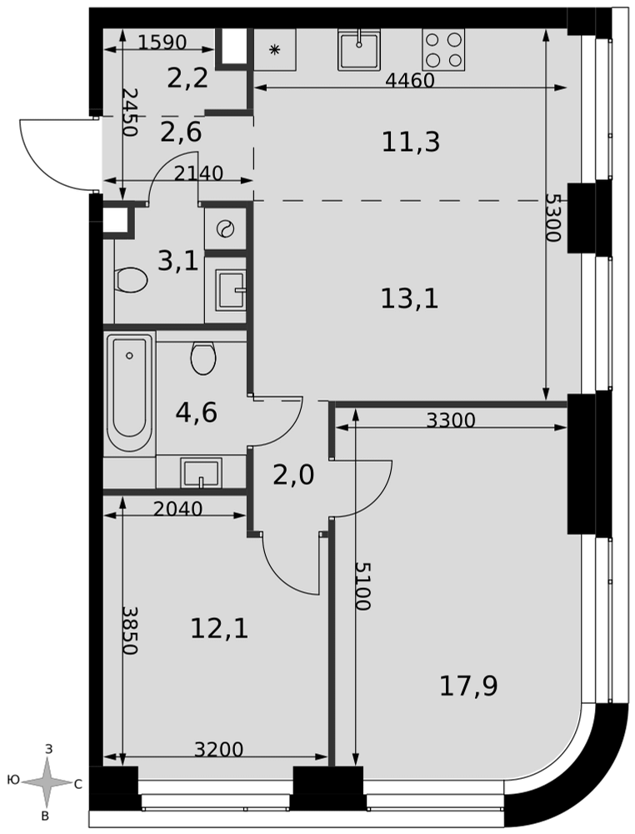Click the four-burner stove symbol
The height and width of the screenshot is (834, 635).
tap(443, 49)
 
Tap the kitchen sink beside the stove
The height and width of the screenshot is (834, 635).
tap(359, 49)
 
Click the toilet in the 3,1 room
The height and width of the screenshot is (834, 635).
tap(131, 279)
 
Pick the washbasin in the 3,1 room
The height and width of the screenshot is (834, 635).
tap(231, 290)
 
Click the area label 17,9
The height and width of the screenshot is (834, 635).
tap(468, 686)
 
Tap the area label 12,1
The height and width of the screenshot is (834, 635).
tap(219, 629)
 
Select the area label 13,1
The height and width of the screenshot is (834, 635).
tap(409, 299)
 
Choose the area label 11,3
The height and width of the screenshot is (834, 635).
tap(411, 142)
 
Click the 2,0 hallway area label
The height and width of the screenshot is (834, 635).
tap(293, 475)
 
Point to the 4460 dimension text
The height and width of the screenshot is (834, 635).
tap(410, 80)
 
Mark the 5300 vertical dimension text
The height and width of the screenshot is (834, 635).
tap(553, 218)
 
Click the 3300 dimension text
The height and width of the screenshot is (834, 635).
tap(451, 420)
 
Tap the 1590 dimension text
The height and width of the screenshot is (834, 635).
tap(162, 42)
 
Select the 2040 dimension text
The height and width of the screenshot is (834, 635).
tap(177, 509)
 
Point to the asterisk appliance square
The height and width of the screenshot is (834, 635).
tap(275, 49)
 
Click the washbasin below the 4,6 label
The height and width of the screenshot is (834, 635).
tap(201, 472)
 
